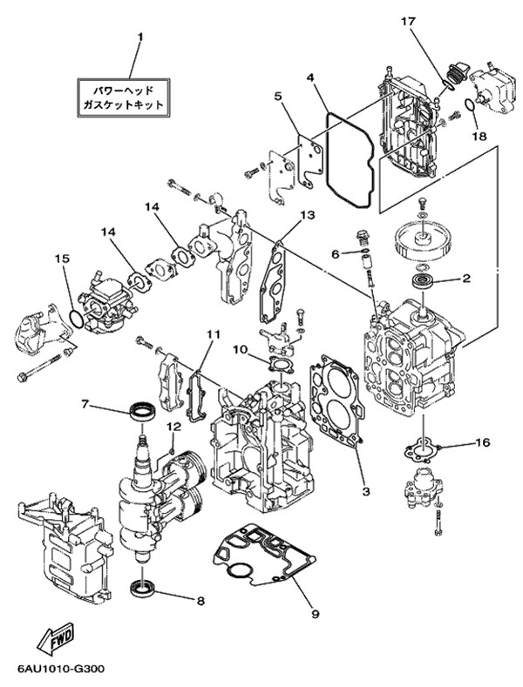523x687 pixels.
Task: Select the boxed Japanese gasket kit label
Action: pos(122,96)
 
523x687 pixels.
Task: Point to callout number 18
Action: pos(478,136)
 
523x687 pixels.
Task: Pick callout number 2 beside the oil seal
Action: pos(465,280)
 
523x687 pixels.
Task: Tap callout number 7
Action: pos(85,403)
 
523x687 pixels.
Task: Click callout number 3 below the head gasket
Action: pos(366,492)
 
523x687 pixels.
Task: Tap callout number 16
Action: pos(482,443)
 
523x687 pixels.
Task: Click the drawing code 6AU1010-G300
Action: pos(59,671)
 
